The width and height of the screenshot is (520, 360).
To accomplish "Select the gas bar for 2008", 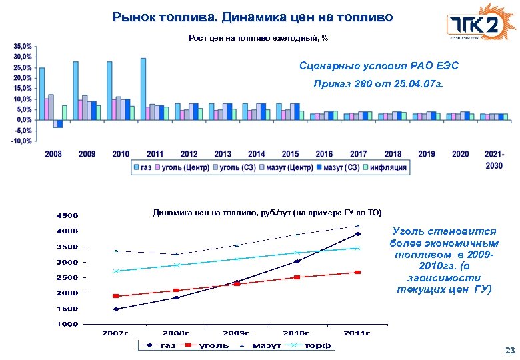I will [x=42, y=93].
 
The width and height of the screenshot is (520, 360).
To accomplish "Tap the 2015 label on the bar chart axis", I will [x=290, y=154].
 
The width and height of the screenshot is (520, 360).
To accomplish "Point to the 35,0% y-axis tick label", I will [x=23, y=47].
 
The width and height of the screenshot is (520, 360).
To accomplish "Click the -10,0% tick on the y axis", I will [x=21, y=141].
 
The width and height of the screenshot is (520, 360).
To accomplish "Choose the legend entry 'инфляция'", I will [x=387, y=168].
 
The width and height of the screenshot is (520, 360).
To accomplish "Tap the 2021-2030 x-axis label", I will [x=494, y=159].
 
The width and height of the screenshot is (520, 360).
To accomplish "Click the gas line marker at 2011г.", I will [x=358, y=234].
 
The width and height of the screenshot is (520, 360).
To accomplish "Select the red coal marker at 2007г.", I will [x=116, y=296].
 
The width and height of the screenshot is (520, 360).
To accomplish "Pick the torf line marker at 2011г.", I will [x=358, y=248].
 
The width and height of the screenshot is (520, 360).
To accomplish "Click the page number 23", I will [x=511, y=350].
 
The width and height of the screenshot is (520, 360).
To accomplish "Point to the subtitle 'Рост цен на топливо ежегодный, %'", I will [x=259, y=38].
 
